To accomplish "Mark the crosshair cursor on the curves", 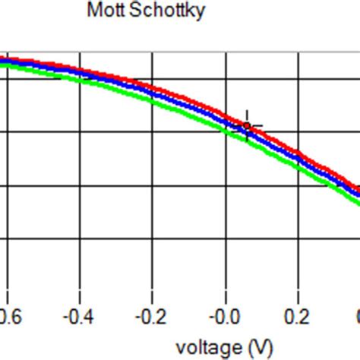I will coord(247,127).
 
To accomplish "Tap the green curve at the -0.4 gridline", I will coord(80,77).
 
